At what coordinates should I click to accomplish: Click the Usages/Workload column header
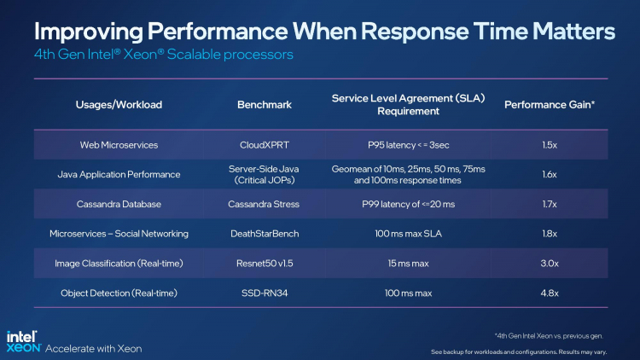[x=119, y=105]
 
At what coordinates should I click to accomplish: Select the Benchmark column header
[x=264, y=105]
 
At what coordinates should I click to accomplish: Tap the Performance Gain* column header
[x=550, y=105]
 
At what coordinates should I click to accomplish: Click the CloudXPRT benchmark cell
[x=264, y=145]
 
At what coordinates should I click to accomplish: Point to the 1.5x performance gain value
[x=550, y=145]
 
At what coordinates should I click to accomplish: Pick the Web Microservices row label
[x=119, y=145]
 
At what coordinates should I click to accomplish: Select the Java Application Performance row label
[x=119, y=174]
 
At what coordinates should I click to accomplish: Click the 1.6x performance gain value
[x=550, y=174]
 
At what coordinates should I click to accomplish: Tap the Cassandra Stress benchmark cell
[x=264, y=204]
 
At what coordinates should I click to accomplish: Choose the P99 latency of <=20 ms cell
[x=408, y=204]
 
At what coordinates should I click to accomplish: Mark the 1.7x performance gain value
[x=550, y=204]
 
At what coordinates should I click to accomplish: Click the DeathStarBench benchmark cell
[x=264, y=234]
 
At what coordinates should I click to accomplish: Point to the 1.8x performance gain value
[x=550, y=234]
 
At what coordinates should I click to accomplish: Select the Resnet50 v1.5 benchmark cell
[x=264, y=264]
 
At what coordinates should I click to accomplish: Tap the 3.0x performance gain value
[x=550, y=264]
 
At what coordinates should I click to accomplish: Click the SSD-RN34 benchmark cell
[x=264, y=293]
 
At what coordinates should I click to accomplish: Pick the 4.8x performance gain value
[x=550, y=293]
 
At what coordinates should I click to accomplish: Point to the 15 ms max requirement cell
[x=408, y=264]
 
